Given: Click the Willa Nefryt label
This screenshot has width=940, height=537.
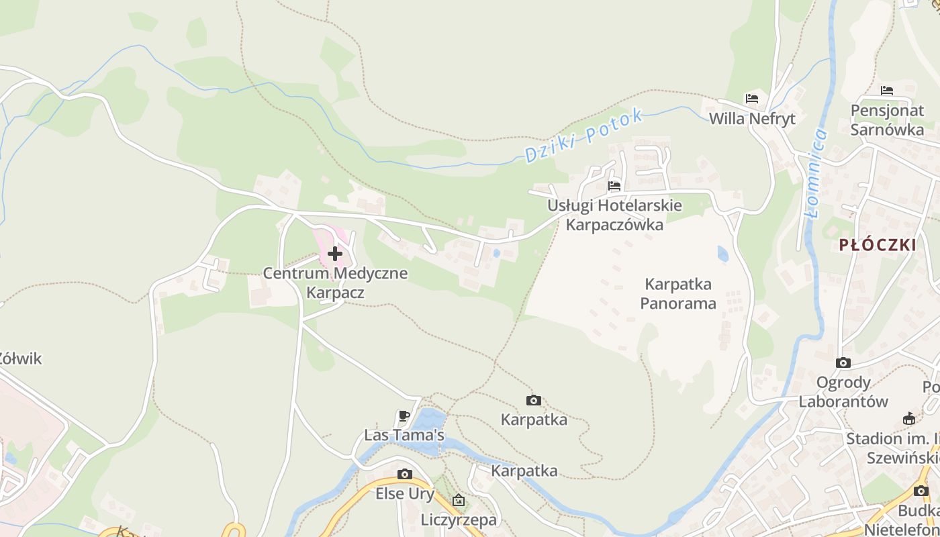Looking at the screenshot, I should pos(752,119).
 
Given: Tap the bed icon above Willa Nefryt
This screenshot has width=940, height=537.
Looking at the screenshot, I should pos(752,99).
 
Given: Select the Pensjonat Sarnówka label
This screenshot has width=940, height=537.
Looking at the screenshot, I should pos(887,120).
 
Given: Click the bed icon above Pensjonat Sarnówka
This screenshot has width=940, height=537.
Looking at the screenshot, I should pos(887,91).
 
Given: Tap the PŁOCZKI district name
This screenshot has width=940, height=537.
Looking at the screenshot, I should pos(877,245).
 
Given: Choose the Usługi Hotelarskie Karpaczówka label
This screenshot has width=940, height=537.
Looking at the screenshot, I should pos(614,215).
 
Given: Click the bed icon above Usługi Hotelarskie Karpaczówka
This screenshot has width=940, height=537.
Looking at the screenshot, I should pos(614,186).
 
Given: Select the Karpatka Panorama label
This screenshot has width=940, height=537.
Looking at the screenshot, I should pos(678,293).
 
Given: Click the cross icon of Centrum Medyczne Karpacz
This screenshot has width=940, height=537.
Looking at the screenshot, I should pos(335,254).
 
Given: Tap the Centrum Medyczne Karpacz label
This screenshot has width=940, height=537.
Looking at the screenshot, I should pos(335,283).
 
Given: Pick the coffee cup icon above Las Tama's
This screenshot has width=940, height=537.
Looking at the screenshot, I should pos(404,416).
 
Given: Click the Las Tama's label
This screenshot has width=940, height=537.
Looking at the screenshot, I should pos(404,435).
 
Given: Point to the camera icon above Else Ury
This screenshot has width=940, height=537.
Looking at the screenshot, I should pos(404,475).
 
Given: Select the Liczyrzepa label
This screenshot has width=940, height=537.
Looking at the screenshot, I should pos(459,520).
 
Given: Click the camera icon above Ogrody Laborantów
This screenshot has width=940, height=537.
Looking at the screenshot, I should pos(843,363).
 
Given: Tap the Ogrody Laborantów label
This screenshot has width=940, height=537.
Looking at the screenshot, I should pos(843,392).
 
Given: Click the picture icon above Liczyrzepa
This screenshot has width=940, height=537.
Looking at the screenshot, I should pos(459,500).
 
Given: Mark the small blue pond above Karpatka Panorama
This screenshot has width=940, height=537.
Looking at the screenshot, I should pos(722,254).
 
